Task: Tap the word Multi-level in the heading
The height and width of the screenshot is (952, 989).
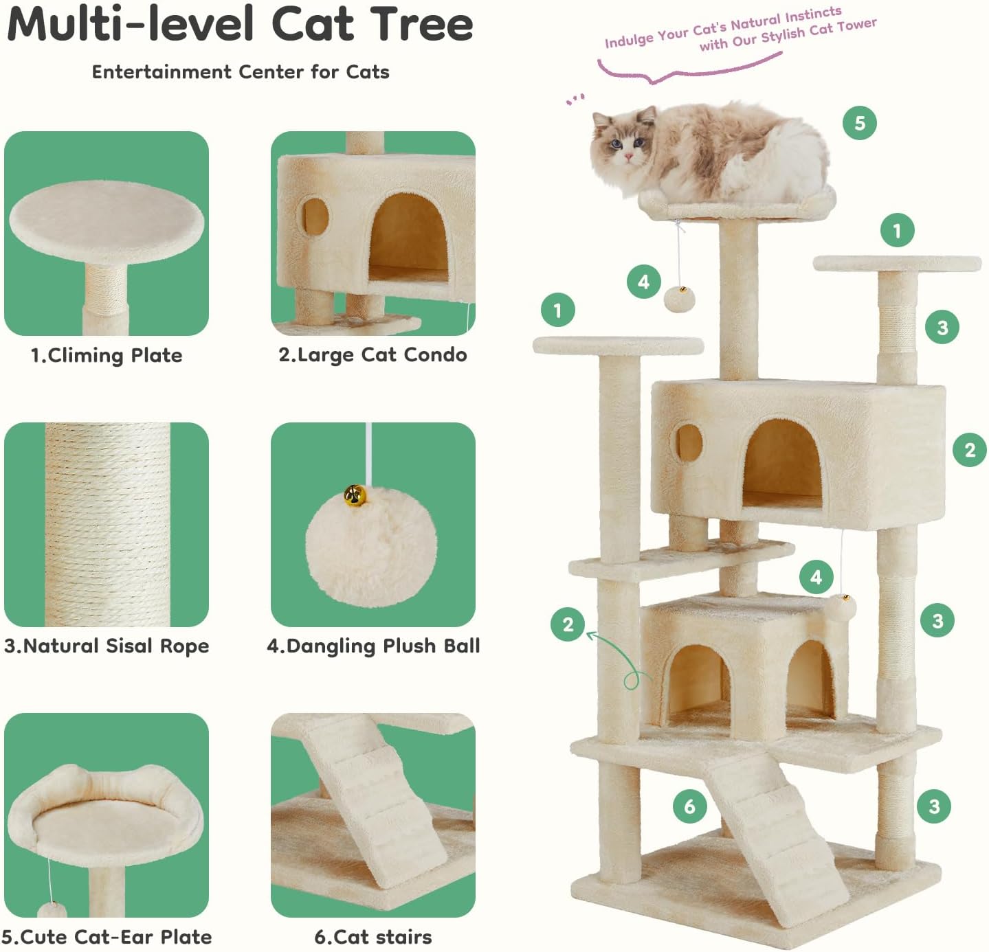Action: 130,25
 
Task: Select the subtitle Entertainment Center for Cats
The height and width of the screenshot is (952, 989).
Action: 241,72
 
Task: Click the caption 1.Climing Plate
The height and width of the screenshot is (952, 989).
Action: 107,355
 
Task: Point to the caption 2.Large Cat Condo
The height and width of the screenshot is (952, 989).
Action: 373,354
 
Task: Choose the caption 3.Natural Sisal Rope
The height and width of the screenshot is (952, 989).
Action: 107,646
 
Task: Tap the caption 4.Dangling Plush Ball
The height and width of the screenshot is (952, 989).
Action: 373,646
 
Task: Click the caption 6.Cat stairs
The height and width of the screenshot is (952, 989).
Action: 373,937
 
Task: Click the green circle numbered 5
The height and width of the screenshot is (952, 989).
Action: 859,123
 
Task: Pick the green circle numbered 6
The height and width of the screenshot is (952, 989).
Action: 689,806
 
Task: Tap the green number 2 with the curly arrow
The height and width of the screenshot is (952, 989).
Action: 568,624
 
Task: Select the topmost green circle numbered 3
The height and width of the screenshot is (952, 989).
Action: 942,327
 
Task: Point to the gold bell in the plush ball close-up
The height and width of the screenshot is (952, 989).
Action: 355,495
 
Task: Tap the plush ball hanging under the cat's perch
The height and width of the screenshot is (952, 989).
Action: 680,299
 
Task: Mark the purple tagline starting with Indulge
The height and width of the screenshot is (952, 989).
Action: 740,30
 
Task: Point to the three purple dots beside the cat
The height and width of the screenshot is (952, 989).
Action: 576,100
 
